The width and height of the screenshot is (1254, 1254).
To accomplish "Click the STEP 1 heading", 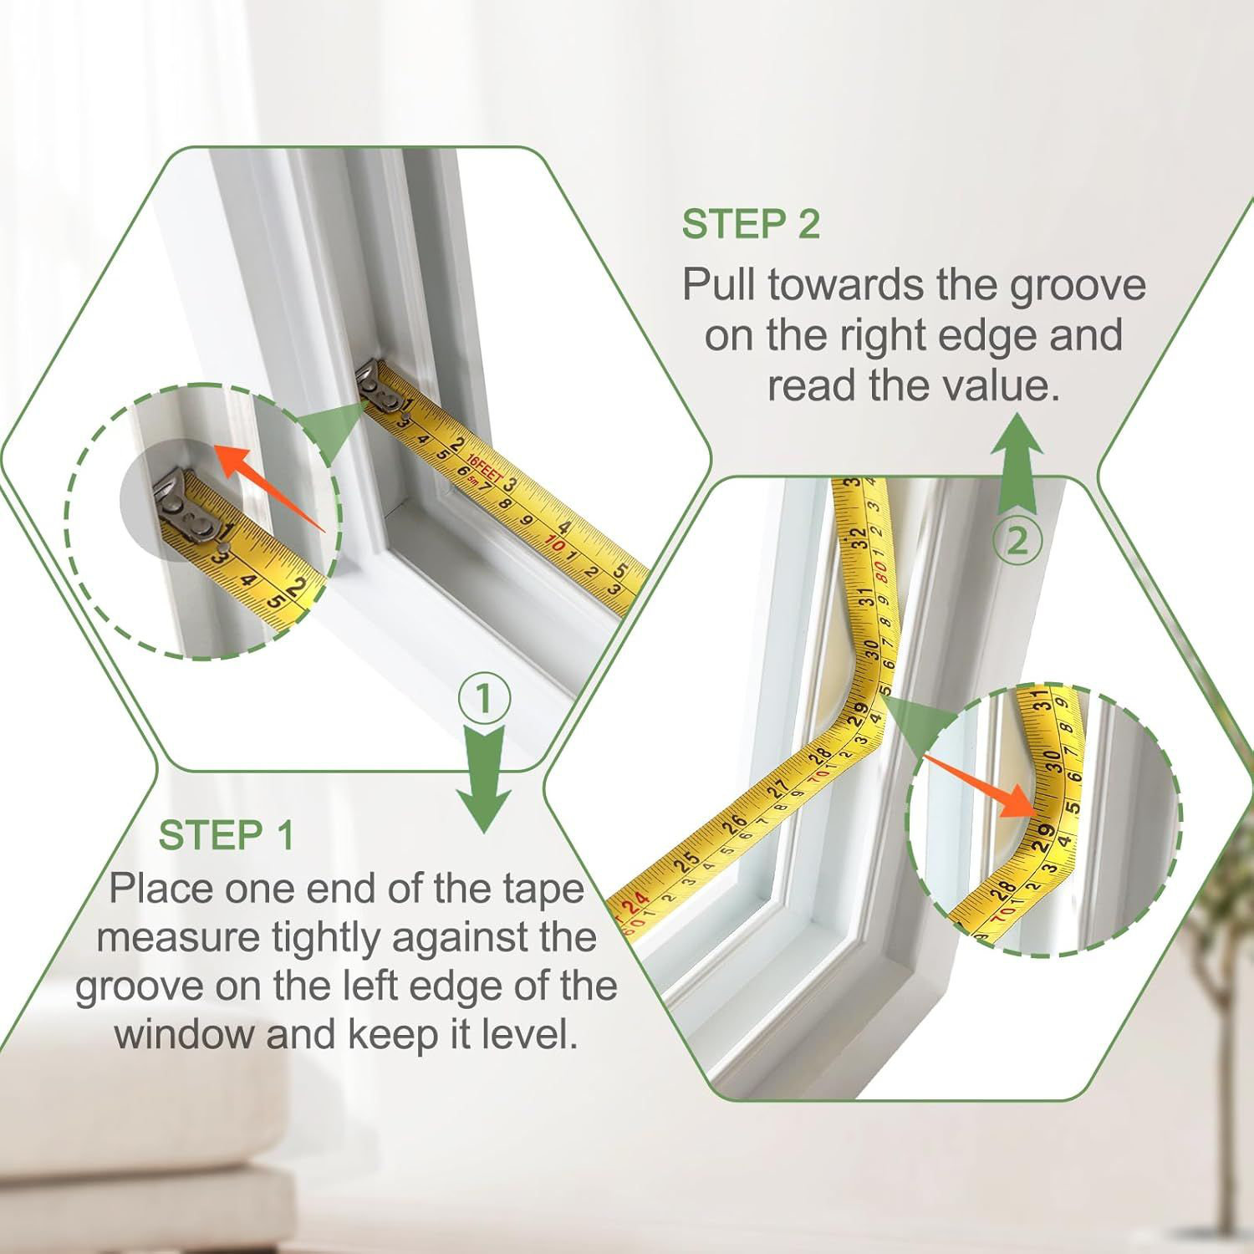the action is coord(227,835).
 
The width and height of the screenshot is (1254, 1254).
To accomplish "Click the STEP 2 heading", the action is coord(751,225).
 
